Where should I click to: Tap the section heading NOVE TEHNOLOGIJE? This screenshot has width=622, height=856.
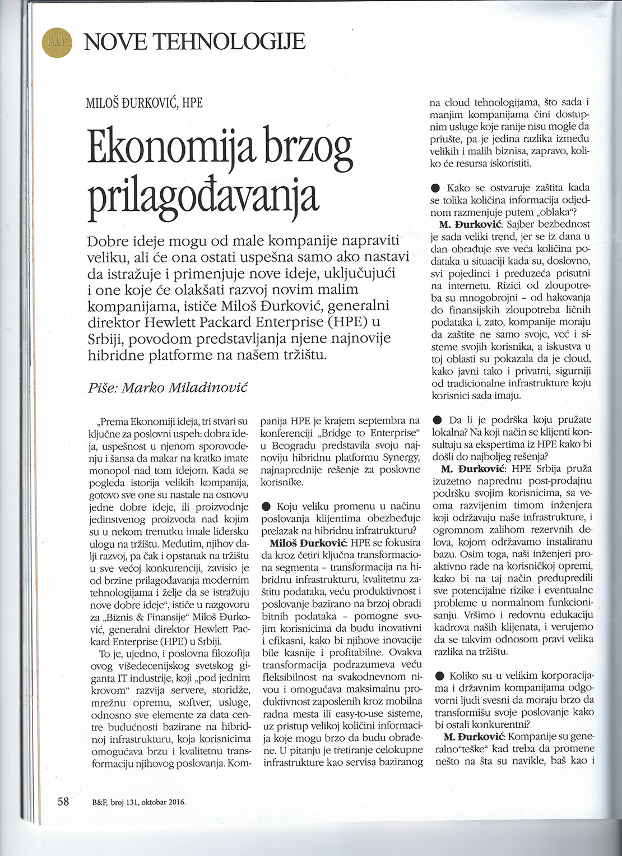tap(194, 41)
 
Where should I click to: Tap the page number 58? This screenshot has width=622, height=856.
tap(62, 801)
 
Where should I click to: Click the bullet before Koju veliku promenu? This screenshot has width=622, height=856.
tap(266, 507)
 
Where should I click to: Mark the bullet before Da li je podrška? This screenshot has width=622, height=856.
tap(434, 420)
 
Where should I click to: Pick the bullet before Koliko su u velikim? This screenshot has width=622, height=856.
tap(434, 676)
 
